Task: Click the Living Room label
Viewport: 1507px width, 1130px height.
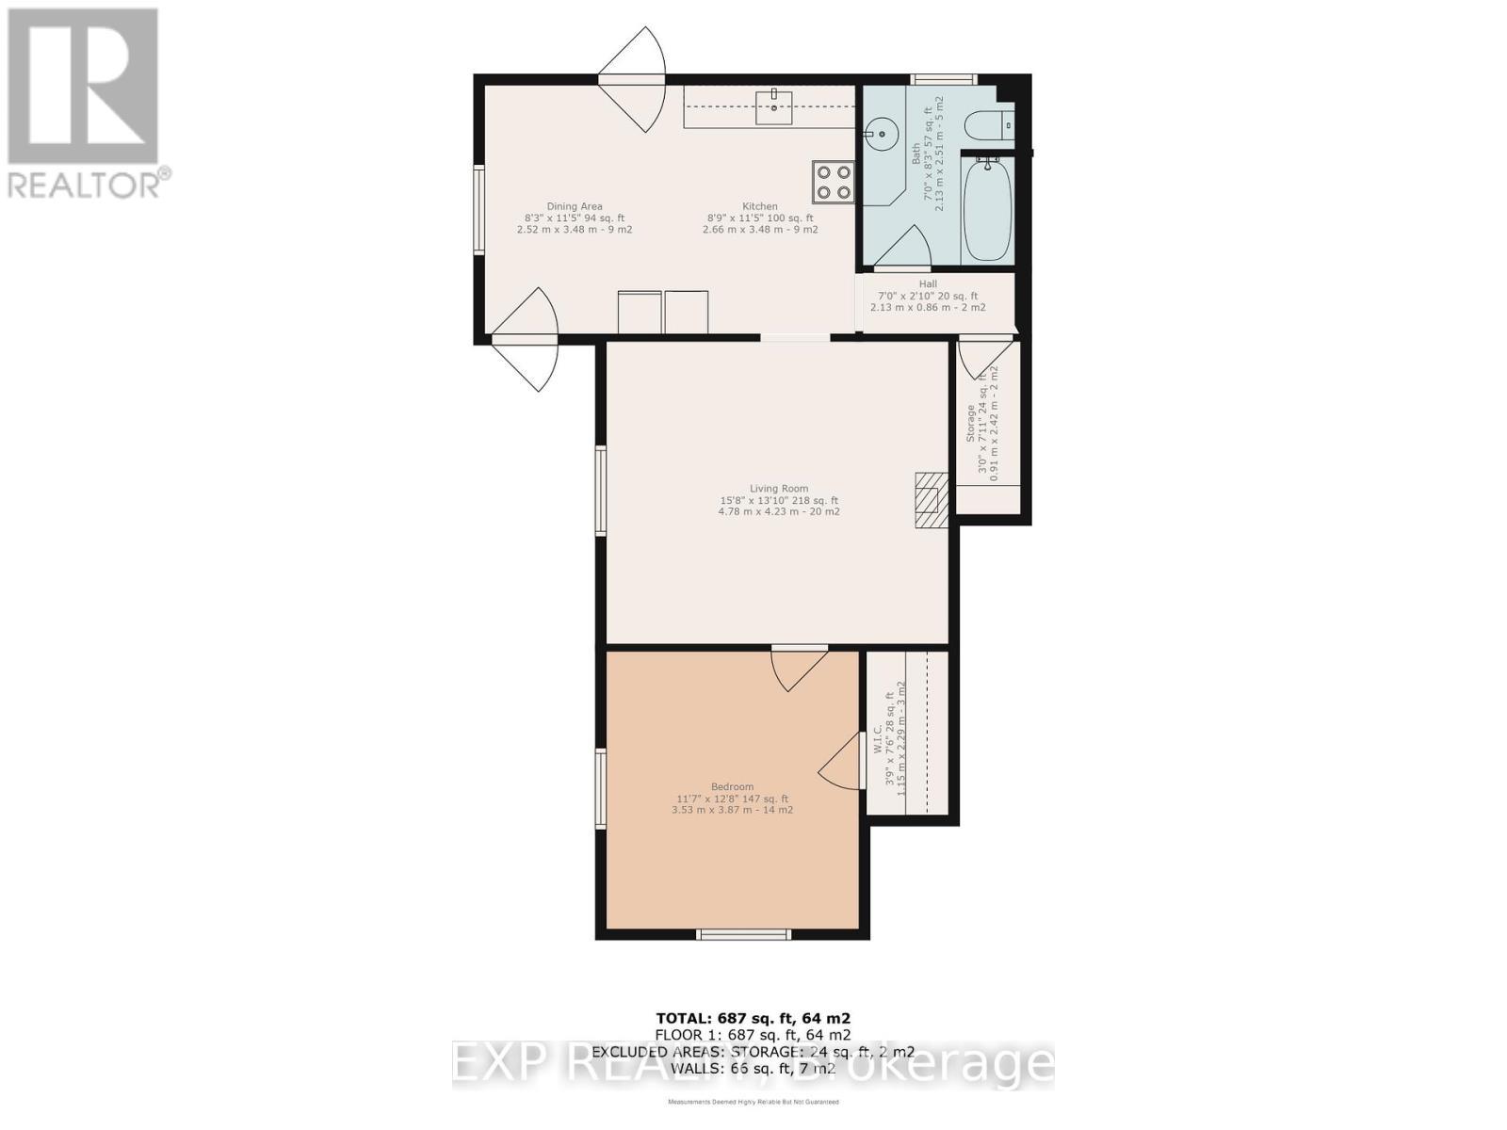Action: click(x=778, y=489)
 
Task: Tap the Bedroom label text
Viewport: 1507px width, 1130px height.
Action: click(x=732, y=787)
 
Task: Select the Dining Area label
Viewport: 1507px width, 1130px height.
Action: click(x=574, y=207)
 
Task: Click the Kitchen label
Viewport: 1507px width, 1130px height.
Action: click(x=759, y=207)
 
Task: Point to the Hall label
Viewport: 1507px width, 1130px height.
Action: click(x=928, y=284)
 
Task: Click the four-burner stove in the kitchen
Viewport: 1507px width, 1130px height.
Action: click(x=834, y=182)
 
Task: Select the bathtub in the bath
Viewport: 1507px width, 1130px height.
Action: click(x=986, y=209)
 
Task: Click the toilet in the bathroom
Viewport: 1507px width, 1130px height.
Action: click(x=990, y=124)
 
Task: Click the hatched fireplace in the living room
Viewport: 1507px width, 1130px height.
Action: click(x=932, y=500)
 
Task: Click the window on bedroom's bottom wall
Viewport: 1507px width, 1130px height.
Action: click(x=743, y=934)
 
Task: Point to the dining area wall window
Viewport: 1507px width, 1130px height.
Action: click(x=478, y=209)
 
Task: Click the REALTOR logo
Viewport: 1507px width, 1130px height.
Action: click(x=85, y=104)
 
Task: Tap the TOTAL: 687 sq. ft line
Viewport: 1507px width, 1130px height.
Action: click(x=753, y=1018)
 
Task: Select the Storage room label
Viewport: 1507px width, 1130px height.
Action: click(x=971, y=424)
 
